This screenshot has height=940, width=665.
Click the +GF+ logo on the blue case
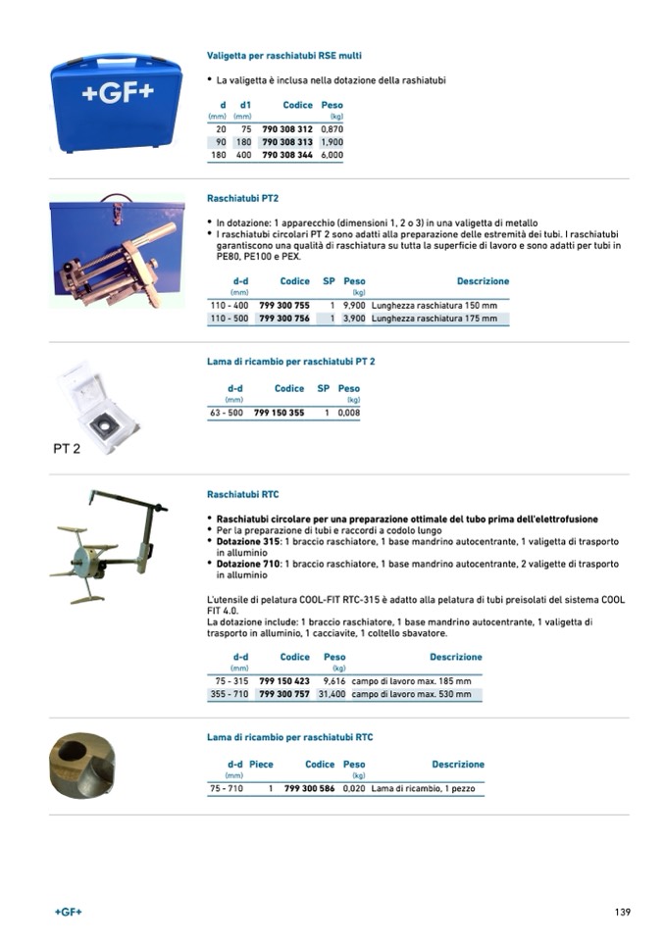click(x=117, y=94)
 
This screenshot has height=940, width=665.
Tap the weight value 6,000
click(x=332, y=155)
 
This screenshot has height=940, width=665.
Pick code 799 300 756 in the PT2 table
click(x=284, y=319)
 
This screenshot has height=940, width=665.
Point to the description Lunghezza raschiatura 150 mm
click(x=435, y=306)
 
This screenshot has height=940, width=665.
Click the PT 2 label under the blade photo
click(x=67, y=450)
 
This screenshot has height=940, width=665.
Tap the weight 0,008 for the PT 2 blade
click(x=348, y=414)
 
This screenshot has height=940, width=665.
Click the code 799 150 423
click(x=284, y=680)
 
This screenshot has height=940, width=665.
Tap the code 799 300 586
click(x=309, y=788)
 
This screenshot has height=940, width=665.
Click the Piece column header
click(x=261, y=765)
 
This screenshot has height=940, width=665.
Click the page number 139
click(x=622, y=912)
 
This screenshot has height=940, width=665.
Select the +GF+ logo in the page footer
click(x=69, y=912)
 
